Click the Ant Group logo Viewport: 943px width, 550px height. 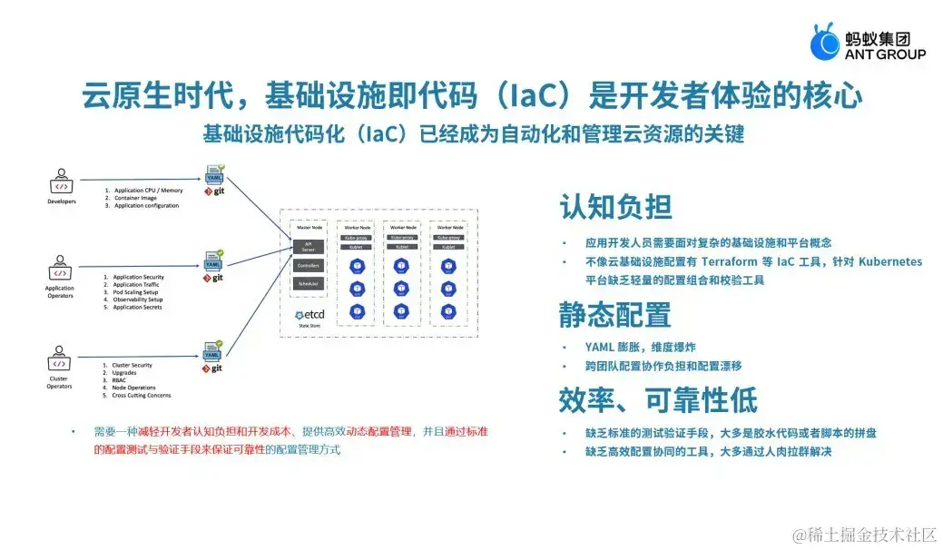click(868, 44)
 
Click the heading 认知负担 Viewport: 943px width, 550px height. click(615, 208)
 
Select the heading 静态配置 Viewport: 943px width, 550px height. click(615, 314)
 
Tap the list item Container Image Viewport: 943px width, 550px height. click(135, 198)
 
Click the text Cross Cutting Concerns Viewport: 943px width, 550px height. click(142, 396)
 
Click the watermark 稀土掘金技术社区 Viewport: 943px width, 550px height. click(864, 535)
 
